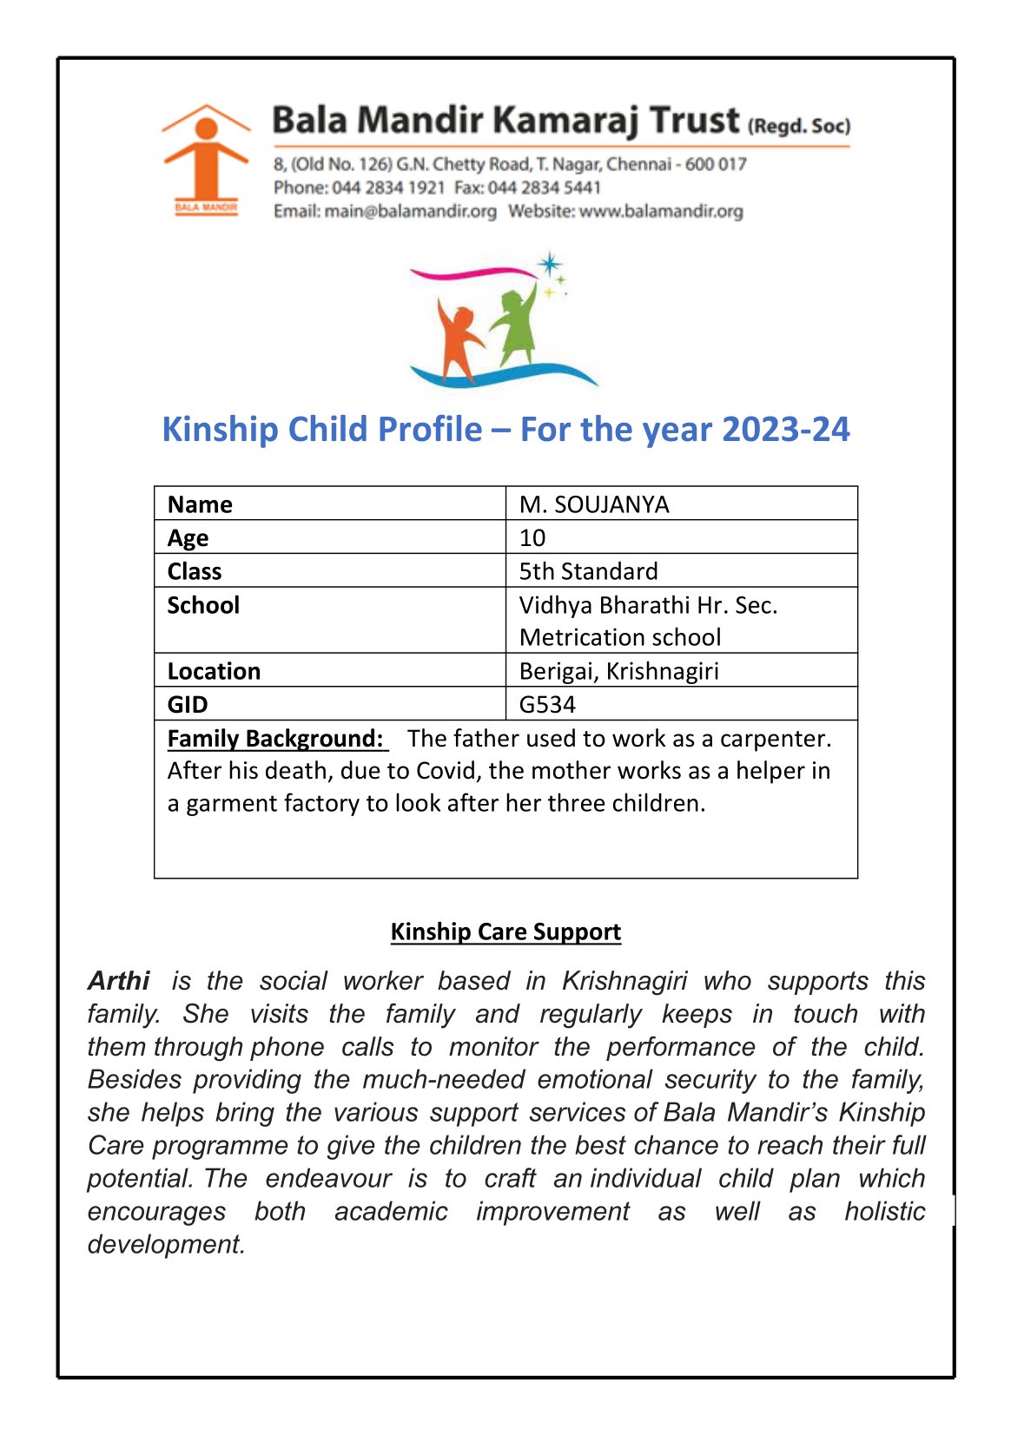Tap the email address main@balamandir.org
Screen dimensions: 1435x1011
click(410, 211)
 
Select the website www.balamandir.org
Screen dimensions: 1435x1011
click(661, 211)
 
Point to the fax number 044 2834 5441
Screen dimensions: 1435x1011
click(544, 188)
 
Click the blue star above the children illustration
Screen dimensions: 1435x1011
click(549, 264)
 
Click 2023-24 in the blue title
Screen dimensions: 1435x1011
click(785, 430)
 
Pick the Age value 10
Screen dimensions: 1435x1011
click(532, 538)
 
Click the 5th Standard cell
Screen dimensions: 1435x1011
click(588, 571)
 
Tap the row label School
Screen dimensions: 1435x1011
click(203, 605)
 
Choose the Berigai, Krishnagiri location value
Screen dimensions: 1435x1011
click(618, 671)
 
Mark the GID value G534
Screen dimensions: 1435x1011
click(547, 704)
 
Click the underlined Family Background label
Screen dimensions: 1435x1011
click(275, 739)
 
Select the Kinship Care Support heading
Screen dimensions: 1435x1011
click(505, 931)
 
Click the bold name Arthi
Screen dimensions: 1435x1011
click(119, 981)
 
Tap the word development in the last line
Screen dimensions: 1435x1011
click(166, 1244)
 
